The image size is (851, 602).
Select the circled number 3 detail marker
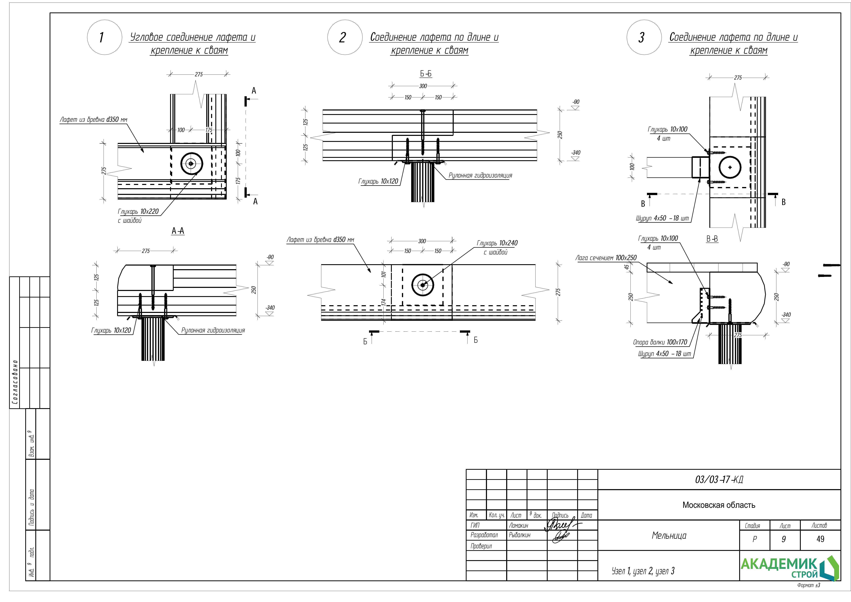point(644,37)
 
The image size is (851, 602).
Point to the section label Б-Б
point(426,74)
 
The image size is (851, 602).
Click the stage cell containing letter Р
point(754,539)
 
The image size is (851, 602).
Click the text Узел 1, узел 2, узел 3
point(643,571)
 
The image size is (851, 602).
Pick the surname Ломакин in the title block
point(519,526)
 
